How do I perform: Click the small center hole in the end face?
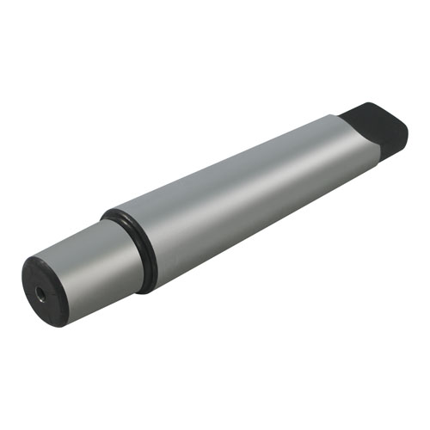coord(41,294)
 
